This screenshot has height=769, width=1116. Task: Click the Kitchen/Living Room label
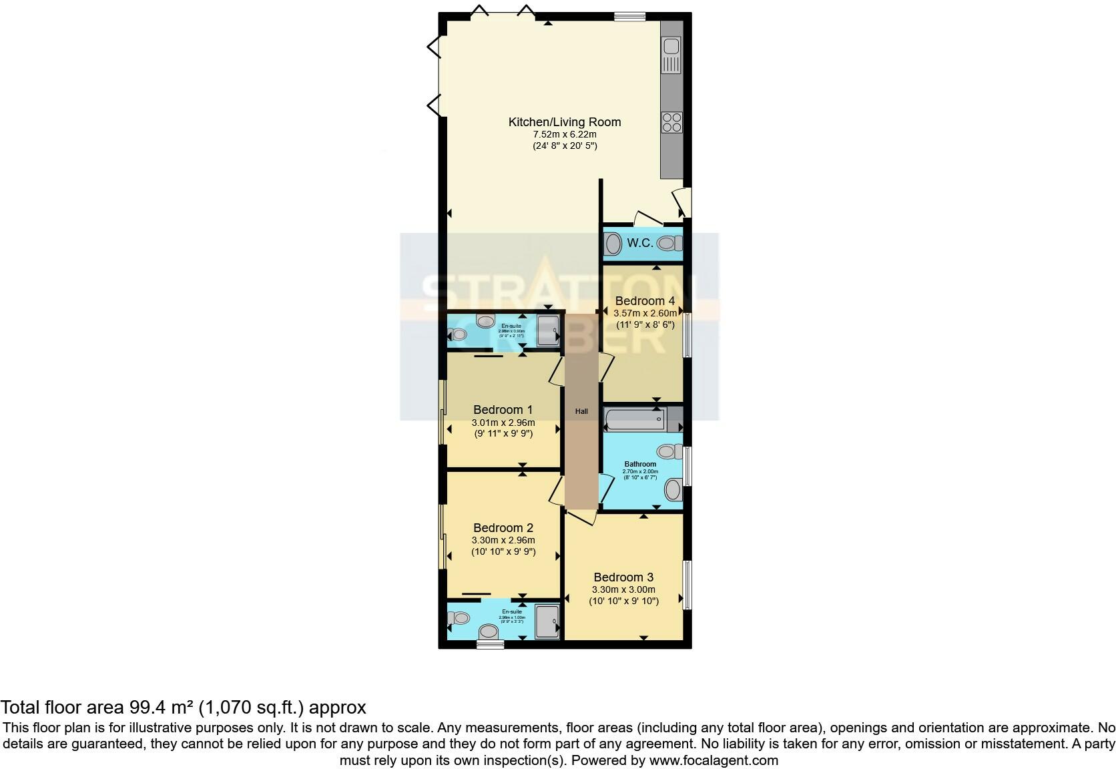coord(565,122)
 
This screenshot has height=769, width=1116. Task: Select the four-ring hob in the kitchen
coord(671,122)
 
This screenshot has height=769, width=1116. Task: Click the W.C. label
coord(639,243)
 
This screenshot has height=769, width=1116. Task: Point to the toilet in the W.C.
coord(667,244)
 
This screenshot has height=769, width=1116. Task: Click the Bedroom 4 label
coord(645,301)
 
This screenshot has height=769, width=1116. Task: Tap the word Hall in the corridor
coord(581,412)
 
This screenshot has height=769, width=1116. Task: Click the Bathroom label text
coord(640,464)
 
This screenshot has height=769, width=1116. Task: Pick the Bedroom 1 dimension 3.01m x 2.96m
coord(503,423)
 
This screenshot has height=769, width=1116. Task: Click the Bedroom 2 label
coord(503,528)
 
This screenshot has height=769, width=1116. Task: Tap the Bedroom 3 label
coord(623,577)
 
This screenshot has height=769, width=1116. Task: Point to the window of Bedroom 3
coord(686,585)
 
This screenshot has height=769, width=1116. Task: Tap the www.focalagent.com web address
coord(714,760)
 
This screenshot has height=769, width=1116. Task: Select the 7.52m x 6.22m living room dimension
coord(565,134)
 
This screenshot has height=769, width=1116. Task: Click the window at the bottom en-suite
coord(490,645)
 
